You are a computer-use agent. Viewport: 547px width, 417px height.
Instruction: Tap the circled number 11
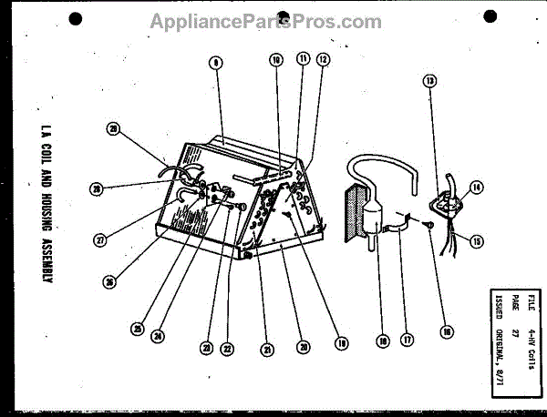[302, 59]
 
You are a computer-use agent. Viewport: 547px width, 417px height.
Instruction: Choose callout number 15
[475, 239]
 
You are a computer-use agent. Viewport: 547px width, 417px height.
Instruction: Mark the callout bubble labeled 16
[446, 332]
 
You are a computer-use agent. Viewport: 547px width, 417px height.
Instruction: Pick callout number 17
[408, 340]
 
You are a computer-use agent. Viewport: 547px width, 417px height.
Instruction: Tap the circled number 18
[382, 340]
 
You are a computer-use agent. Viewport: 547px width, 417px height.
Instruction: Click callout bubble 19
[341, 344]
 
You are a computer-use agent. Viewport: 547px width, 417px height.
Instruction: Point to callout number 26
[109, 281]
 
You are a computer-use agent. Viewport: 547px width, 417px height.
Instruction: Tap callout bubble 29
[114, 128]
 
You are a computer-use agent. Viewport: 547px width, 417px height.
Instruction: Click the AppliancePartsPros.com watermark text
[273, 20]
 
